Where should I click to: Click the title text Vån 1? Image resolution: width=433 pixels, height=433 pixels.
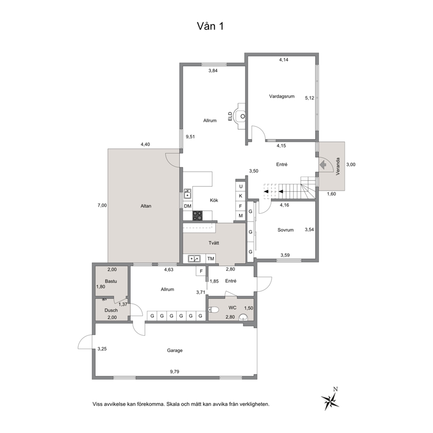pos(210,26)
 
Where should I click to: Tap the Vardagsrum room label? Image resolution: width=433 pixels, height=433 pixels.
pos(282,96)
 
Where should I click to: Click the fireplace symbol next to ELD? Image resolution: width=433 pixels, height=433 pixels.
pos(239,116)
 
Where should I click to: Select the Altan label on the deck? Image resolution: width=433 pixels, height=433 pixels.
pos(146,206)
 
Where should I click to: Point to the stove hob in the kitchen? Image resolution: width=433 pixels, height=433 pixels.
pos(197,216)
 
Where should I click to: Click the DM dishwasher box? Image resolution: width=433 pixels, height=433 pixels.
pos(188,206)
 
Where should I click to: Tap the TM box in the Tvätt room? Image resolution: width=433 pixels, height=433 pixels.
pos(211,259)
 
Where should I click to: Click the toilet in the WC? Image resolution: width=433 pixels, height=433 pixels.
pos(214,309)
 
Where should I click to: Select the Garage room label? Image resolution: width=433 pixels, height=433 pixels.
pos(175,351)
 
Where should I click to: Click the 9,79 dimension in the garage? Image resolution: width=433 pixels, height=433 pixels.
pos(175,372)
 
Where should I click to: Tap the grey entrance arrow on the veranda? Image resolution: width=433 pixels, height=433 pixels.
pos(323,165)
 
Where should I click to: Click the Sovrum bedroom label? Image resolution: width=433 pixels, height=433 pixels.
pos(285,230)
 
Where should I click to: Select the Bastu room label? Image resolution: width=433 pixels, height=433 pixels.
pos(111,282)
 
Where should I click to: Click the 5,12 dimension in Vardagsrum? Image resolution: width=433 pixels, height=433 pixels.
pos(309,98)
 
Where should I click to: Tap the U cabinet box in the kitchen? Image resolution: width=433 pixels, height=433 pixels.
pos(241,186)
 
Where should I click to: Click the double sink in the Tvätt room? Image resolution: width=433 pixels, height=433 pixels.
pos(194,259)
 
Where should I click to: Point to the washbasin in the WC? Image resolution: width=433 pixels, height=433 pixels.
pos(243,317)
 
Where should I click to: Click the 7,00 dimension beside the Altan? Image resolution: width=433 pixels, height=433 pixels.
pos(102,206)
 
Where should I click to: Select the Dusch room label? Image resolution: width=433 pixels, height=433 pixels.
pos(111,310)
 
